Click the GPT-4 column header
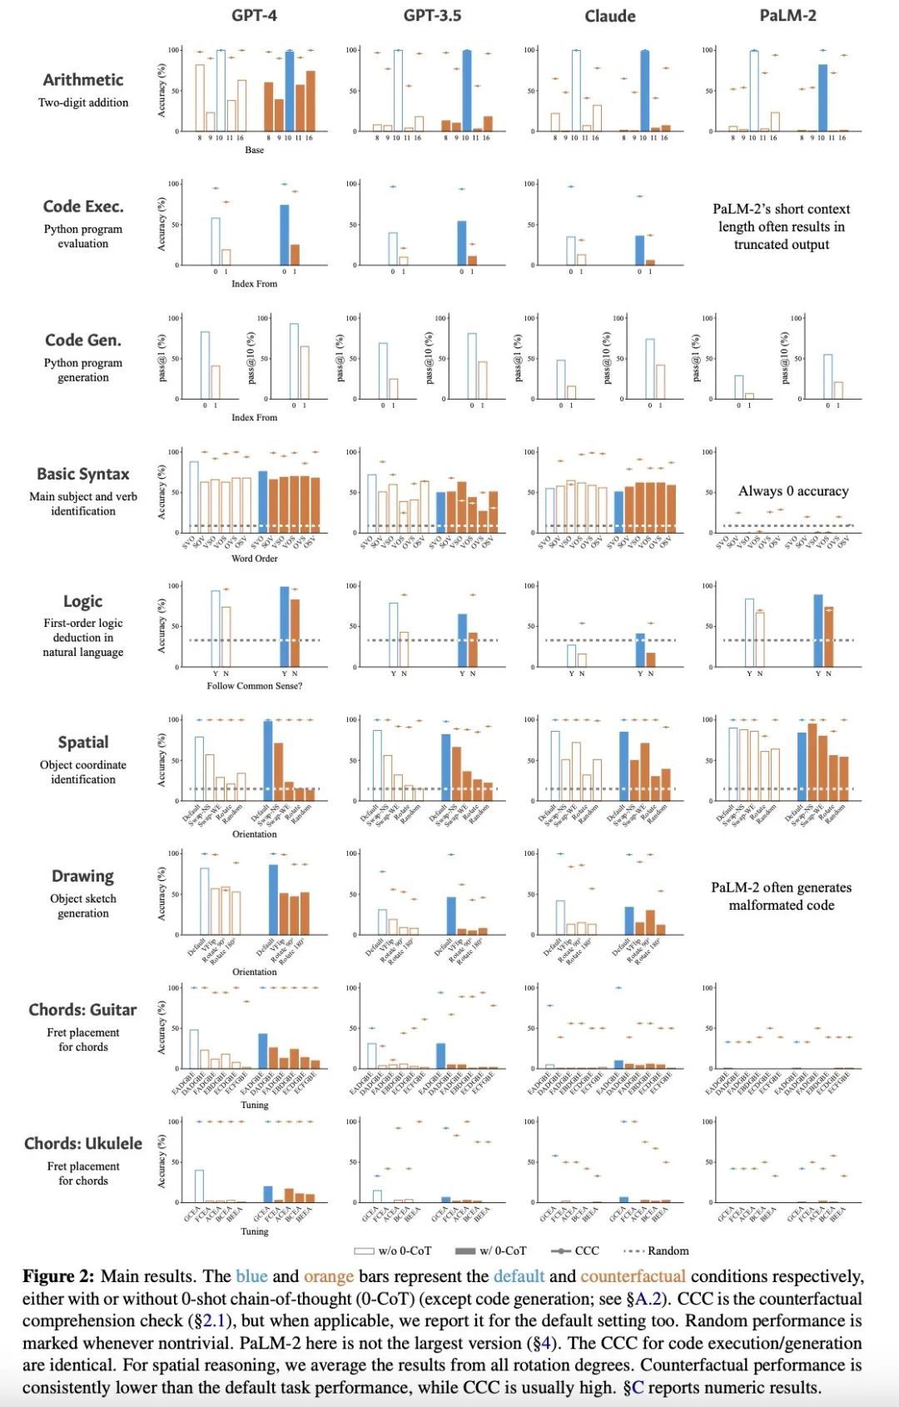(254, 15)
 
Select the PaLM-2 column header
(787, 15)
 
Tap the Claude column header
(609, 16)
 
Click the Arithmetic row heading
(83, 80)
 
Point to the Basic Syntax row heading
(83, 474)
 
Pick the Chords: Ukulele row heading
(83, 1143)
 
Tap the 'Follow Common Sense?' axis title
(254, 686)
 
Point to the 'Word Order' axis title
(254, 559)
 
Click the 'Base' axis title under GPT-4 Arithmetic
(254, 150)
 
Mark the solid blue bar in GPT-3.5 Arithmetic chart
(466, 91)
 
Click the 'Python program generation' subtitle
(83, 370)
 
